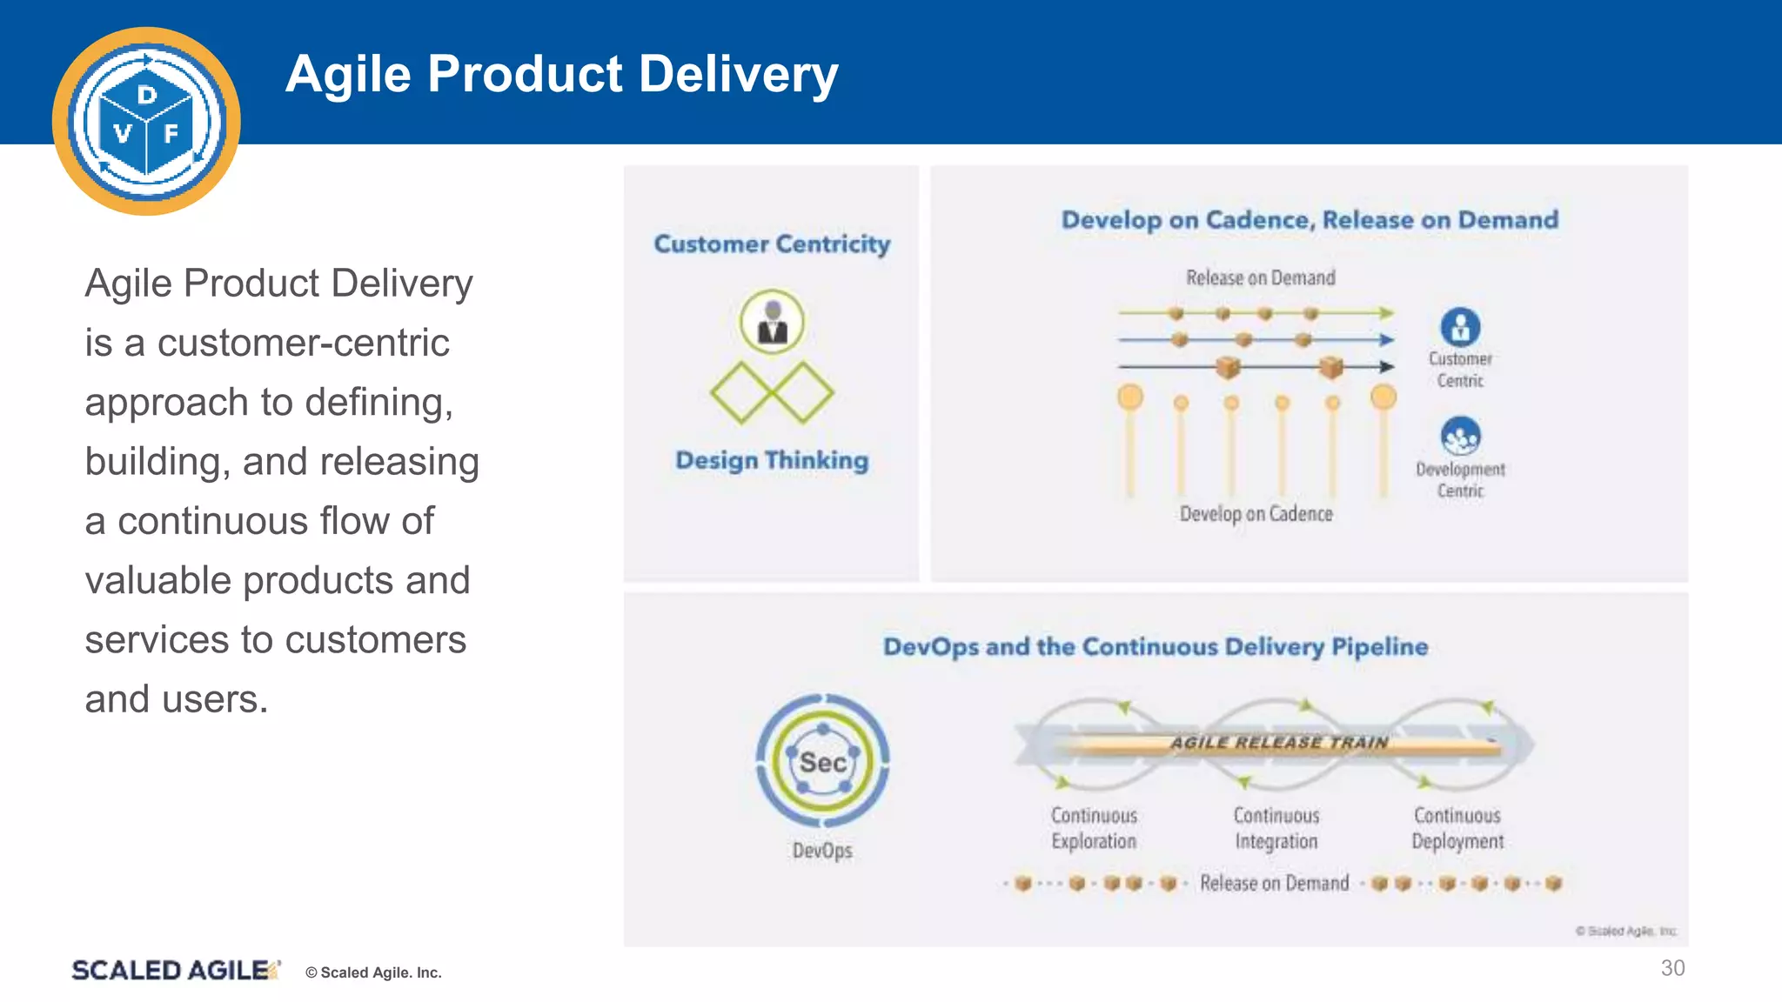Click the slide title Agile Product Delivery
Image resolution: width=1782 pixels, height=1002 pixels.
point(561,74)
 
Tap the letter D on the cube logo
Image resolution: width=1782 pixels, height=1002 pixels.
point(147,95)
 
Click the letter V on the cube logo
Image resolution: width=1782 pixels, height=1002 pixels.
point(123,133)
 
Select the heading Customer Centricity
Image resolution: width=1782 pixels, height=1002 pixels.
point(772,244)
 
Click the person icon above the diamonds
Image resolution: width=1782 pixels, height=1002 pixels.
point(772,322)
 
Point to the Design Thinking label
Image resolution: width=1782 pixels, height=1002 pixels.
point(772,460)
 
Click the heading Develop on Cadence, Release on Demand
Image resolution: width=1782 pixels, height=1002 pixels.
point(1310,220)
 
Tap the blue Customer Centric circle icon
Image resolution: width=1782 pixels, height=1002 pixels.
point(1460,327)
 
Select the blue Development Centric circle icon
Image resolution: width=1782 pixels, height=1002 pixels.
point(1460,436)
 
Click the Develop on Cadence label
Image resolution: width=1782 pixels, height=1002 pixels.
point(1256,514)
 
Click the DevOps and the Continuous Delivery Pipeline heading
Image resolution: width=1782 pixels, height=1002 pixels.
point(1156,647)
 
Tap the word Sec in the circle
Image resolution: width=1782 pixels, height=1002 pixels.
point(822,763)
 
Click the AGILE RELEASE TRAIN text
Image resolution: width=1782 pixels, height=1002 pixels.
point(1278,743)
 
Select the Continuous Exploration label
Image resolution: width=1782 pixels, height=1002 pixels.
point(1094,828)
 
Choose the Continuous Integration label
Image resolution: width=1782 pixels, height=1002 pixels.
point(1276,828)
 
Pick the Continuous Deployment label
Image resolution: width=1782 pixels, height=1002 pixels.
point(1457,828)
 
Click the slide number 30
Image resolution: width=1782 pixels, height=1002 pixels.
point(1672,968)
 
